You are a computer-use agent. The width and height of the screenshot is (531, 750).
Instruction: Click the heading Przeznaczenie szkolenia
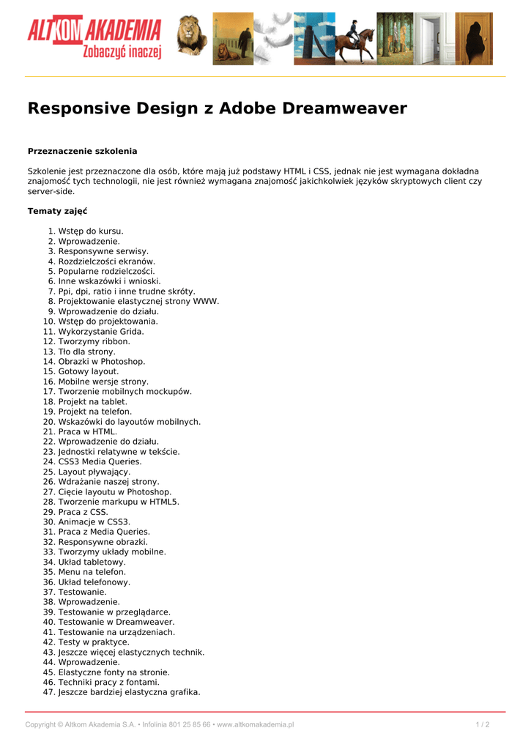click(82, 151)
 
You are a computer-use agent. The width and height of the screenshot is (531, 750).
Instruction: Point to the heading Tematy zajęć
click(57, 211)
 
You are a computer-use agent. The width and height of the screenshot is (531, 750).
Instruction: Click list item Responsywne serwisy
click(103, 251)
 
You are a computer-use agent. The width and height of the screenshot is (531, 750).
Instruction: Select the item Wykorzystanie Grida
click(101, 331)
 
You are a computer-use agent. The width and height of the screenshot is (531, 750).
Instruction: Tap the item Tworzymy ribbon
click(94, 341)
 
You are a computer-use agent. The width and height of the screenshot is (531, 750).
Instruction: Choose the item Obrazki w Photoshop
click(102, 361)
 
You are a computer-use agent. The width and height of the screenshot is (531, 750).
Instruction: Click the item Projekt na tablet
click(93, 401)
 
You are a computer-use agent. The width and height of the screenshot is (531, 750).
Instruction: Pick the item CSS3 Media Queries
click(100, 461)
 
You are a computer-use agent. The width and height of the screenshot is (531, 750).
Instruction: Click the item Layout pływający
click(94, 472)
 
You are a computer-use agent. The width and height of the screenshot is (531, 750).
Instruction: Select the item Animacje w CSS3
click(94, 521)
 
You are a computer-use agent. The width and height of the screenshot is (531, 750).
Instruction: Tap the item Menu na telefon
click(92, 571)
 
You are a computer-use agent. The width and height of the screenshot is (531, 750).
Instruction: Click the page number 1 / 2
click(483, 724)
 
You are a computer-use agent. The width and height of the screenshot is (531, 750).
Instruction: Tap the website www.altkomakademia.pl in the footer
click(256, 724)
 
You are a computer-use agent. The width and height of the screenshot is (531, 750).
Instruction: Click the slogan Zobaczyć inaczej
click(122, 52)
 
